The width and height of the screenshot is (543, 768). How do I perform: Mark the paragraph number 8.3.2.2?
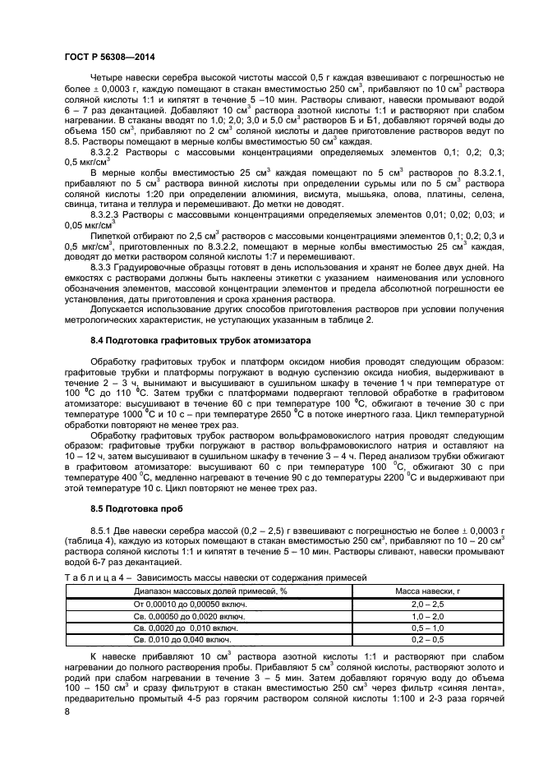click(x=108, y=152)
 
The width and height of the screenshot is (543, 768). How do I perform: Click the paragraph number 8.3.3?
click(x=101, y=267)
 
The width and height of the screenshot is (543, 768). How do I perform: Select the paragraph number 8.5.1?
click(x=101, y=531)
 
